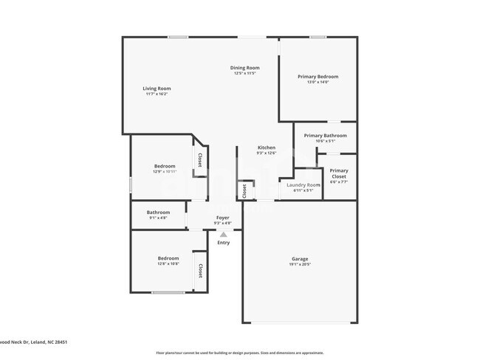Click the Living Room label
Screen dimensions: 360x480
[157, 89]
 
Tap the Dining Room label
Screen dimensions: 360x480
[244, 68]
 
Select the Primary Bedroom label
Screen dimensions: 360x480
[318, 77]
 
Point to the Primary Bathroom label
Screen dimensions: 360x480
[325, 136]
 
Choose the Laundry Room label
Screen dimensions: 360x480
[304, 184]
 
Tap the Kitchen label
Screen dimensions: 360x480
[267, 148]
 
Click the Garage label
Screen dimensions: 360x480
[300, 259]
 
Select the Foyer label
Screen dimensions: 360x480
[222, 218]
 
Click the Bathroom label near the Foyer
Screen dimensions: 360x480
[158, 212]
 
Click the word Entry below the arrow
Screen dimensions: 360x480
[224, 243]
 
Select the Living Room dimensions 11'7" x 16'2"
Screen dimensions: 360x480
[157, 94]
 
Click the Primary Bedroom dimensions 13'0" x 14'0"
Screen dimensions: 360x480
[318, 82]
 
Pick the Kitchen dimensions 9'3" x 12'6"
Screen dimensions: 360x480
[267, 153]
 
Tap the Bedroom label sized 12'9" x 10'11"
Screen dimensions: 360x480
[165, 166]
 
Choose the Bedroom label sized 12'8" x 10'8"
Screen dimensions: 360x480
[168, 258]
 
